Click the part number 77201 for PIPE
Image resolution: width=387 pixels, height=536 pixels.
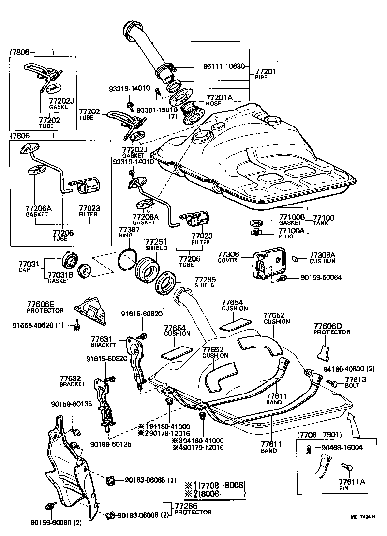pyautogui.click(x=265, y=72)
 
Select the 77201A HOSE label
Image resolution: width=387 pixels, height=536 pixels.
pyautogui.click(x=219, y=100)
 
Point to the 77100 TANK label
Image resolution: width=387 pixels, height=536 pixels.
pyautogui.click(x=324, y=221)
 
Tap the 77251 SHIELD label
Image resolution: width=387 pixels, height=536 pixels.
pyautogui.click(x=156, y=244)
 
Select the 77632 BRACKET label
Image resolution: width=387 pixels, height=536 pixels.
pyautogui.click(x=73, y=381)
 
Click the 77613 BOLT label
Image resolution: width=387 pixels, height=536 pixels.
pyautogui.click(x=356, y=382)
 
